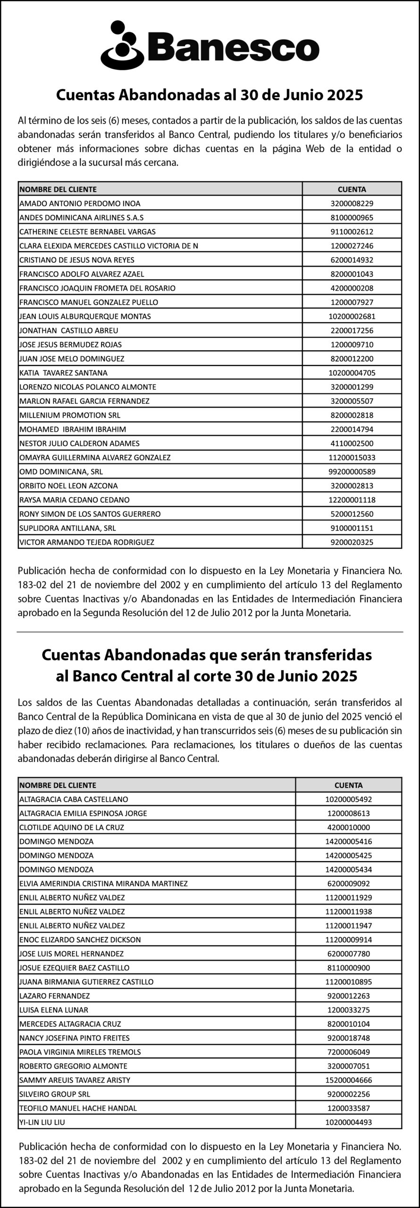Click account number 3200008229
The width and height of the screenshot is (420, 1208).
[352, 203]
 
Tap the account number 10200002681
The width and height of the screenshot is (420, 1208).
[352, 316]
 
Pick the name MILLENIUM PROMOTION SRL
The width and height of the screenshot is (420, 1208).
[70, 415]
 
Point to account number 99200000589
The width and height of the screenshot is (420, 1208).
[352, 471]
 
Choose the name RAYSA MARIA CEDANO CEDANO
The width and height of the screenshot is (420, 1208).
[75, 500]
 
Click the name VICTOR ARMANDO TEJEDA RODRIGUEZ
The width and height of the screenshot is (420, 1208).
[87, 542]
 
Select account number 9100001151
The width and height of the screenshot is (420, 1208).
[352, 528]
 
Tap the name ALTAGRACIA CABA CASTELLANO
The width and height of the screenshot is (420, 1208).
[74, 799]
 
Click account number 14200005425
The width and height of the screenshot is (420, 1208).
[348, 855]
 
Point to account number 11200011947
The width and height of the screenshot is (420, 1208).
[348, 925]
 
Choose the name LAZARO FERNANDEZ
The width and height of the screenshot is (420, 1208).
[54, 996]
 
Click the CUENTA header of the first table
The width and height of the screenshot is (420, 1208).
[352, 189]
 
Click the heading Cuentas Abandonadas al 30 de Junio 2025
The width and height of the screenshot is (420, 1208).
[210, 96]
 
